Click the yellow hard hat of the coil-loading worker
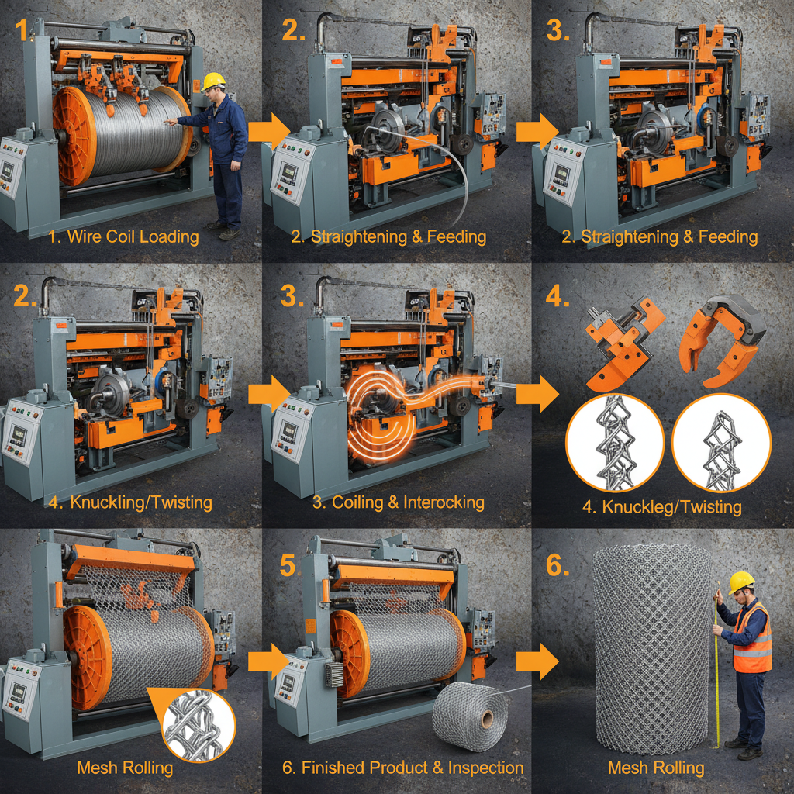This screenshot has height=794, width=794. (x=214, y=81)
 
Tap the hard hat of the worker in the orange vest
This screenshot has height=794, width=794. (x=742, y=582)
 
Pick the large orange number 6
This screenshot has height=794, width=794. (x=558, y=565)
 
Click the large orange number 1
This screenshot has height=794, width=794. (x=21, y=30)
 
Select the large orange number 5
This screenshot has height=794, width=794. (x=287, y=565)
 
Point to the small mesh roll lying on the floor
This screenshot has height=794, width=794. (x=471, y=713)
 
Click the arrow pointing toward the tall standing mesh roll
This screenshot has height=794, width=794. (x=537, y=661)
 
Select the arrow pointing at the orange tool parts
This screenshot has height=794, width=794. (x=537, y=393)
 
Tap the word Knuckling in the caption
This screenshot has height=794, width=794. (x=104, y=502)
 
